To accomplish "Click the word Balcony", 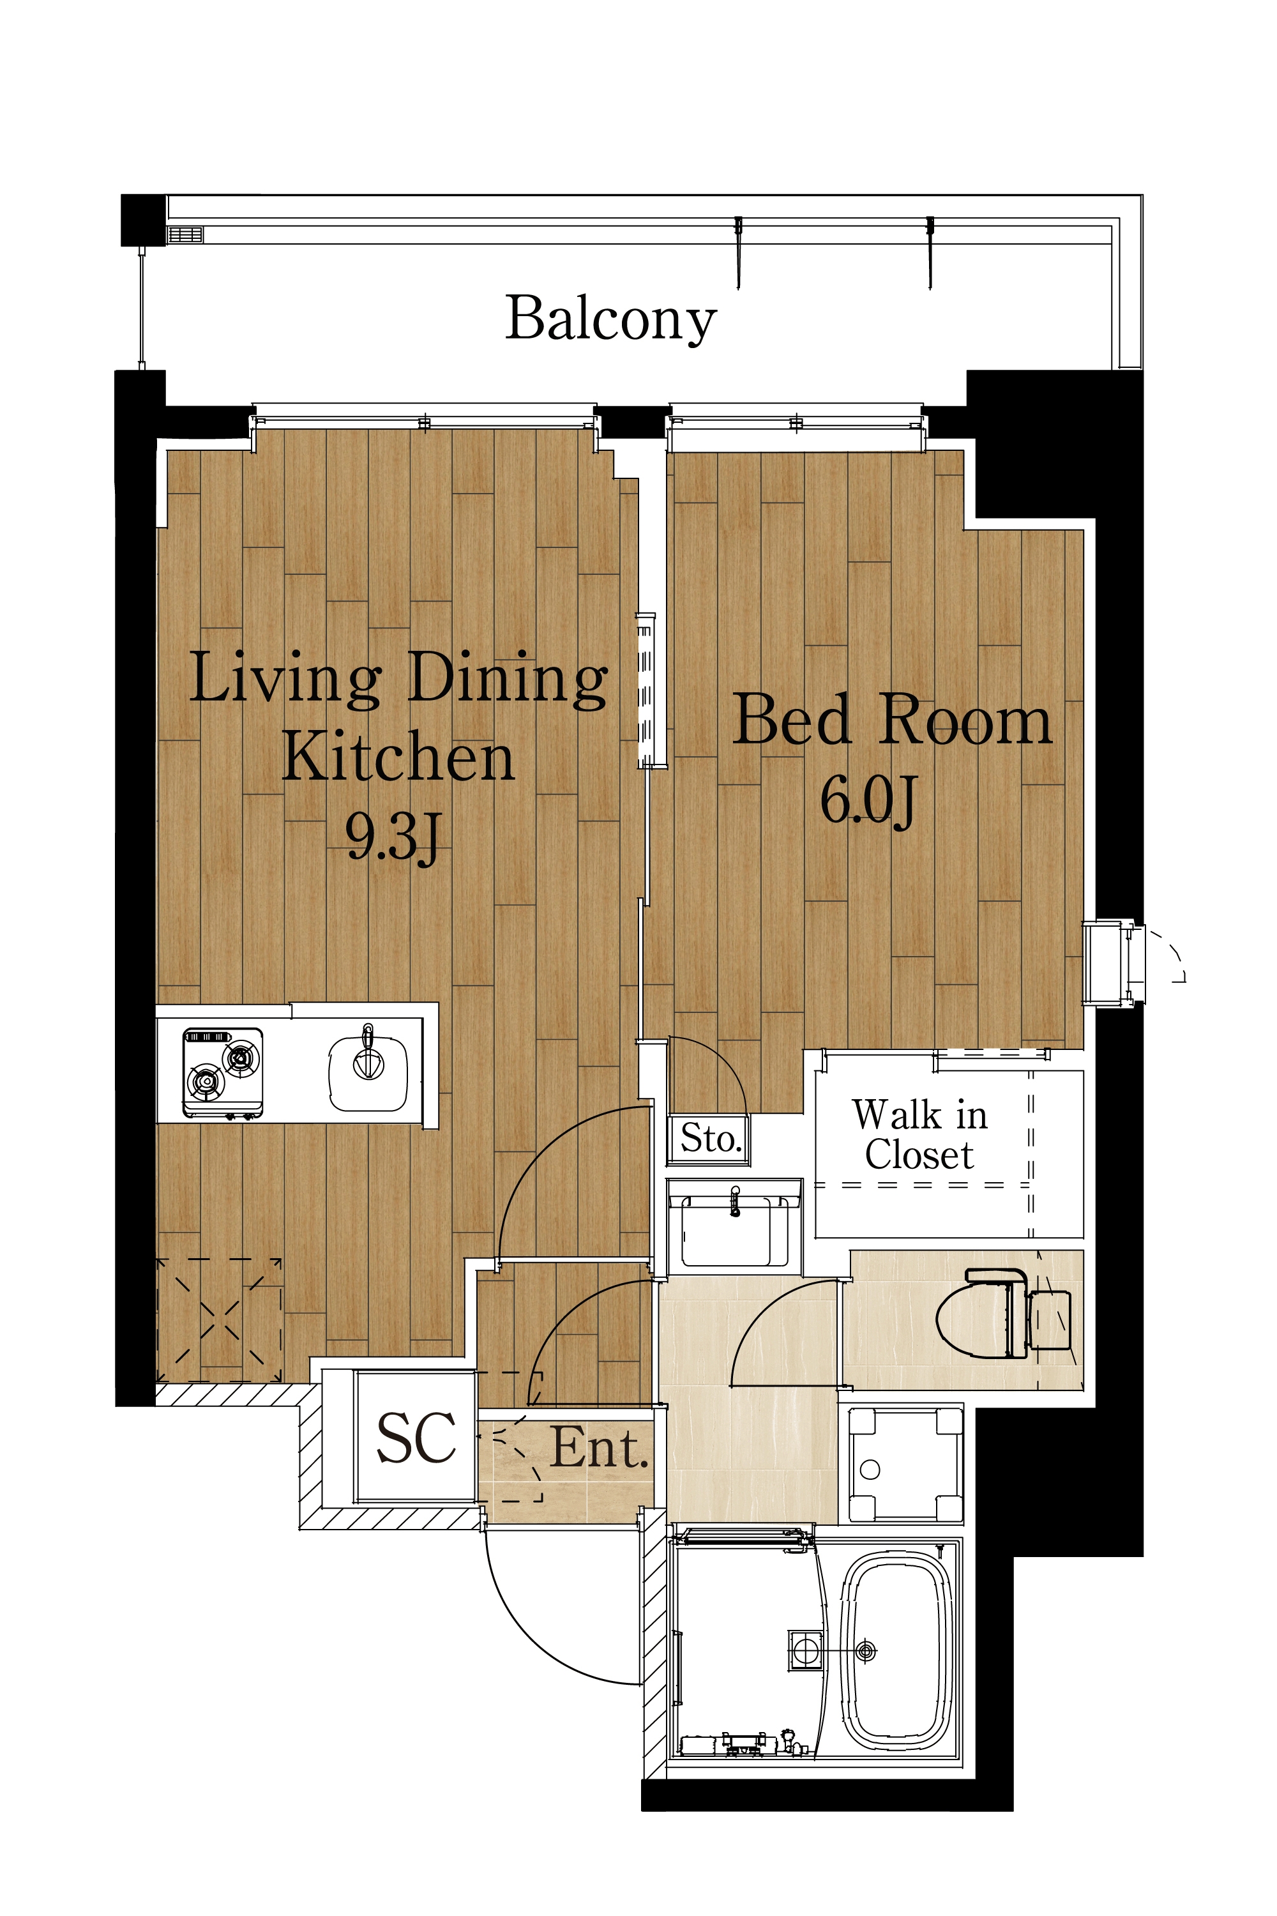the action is (611, 319).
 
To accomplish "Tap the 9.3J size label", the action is (393, 837).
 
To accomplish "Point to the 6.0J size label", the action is (868, 800).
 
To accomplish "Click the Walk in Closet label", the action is (920, 1135).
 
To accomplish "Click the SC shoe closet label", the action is (416, 1438).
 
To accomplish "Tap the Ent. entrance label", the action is (600, 1448).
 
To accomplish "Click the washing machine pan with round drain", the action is (904, 1464).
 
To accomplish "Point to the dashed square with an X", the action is (219, 1321).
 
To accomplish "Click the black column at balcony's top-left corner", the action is (143, 220).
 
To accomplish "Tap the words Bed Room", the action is (893, 720).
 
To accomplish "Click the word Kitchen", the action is (398, 757).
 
